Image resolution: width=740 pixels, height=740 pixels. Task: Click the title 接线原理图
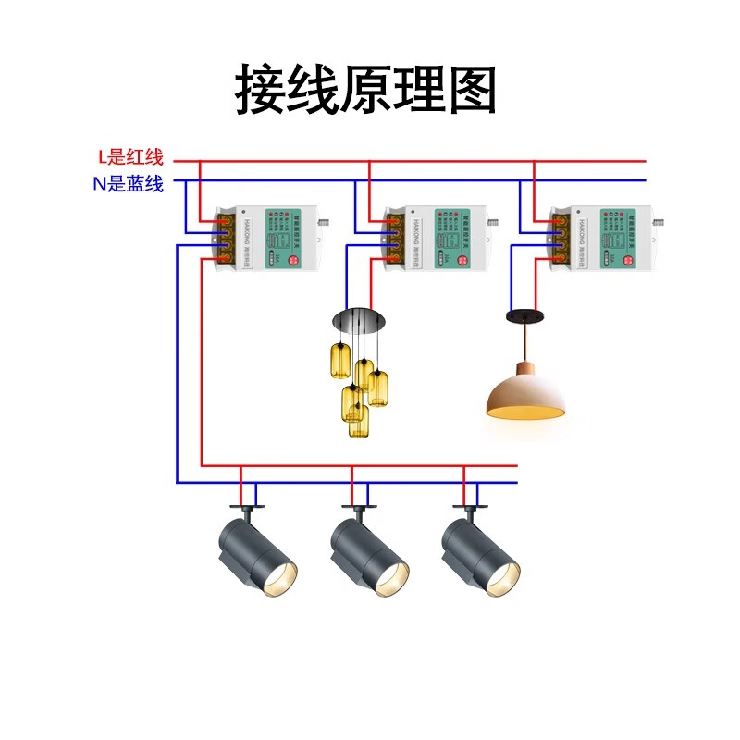click(x=366, y=90)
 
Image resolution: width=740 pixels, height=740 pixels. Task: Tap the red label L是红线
click(x=129, y=157)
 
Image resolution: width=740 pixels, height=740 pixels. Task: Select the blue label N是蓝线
click(x=128, y=184)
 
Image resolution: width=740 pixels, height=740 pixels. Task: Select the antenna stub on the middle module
click(x=492, y=222)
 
